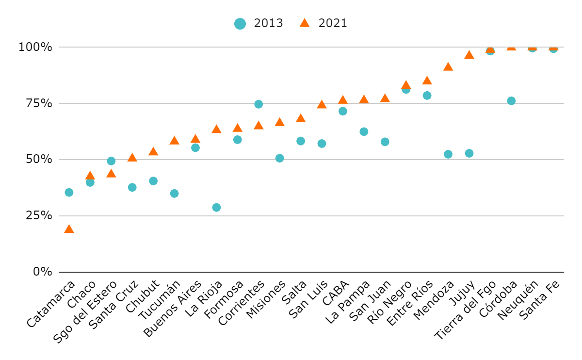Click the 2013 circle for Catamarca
(x=69, y=193)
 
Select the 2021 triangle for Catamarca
(x=69, y=229)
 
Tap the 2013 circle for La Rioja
(x=216, y=208)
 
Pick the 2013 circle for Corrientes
(x=259, y=104)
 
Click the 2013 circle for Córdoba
(x=511, y=101)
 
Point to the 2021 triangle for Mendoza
(x=448, y=67)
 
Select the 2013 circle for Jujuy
(x=469, y=153)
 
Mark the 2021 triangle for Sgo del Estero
(x=111, y=174)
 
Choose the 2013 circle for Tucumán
(x=174, y=194)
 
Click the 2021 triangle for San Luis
(x=322, y=105)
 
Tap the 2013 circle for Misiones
(x=279, y=158)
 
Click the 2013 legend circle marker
(x=240, y=23)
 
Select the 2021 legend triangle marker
(x=305, y=23)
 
